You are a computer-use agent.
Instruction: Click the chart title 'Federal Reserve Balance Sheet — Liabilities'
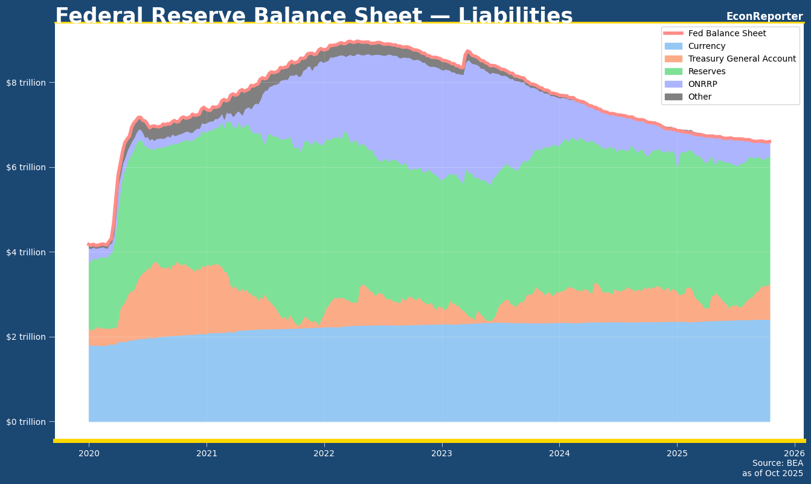click(x=313, y=16)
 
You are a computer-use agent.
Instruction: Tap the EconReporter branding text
click(x=764, y=16)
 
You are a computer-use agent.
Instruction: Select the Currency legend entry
click(x=707, y=46)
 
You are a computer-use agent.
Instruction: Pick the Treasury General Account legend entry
click(x=742, y=59)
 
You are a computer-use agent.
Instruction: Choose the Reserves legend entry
click(x=707, y=71)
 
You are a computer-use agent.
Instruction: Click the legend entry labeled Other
click(x=700, y=97)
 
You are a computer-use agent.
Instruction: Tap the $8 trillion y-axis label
click(x=26, y=83)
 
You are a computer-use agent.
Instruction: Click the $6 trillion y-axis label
click(x=26, y=167)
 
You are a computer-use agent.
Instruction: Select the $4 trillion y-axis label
click(x=26, y=252)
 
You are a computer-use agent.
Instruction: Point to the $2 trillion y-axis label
click(x=26, y=337)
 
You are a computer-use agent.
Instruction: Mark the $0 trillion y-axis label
click(x=26, y=421)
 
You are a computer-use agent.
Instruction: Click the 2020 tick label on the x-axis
click(x=89, y=453)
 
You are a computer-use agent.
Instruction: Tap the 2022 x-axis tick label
click(x=324, y=453)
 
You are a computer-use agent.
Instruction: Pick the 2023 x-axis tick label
click(x=442, y=453)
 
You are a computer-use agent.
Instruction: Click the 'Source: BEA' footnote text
click(x=777, y=463)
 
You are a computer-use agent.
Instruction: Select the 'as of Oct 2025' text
click(x=772, y=474)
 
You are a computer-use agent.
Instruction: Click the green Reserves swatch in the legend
click(x=673, y=71)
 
